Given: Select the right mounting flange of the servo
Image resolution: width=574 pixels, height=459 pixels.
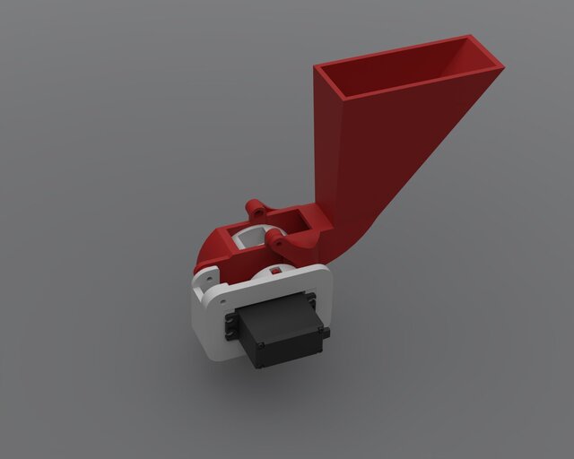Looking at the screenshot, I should tap(322, 333).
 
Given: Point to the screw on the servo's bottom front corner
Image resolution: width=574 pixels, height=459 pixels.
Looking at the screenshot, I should tap(257, 361).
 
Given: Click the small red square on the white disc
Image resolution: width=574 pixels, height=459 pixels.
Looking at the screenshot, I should tap(279, 269).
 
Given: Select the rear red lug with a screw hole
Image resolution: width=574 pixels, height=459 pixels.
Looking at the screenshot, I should tap(256, 208).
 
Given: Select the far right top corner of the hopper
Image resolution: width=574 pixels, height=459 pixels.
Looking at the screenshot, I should tap(503, 66).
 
